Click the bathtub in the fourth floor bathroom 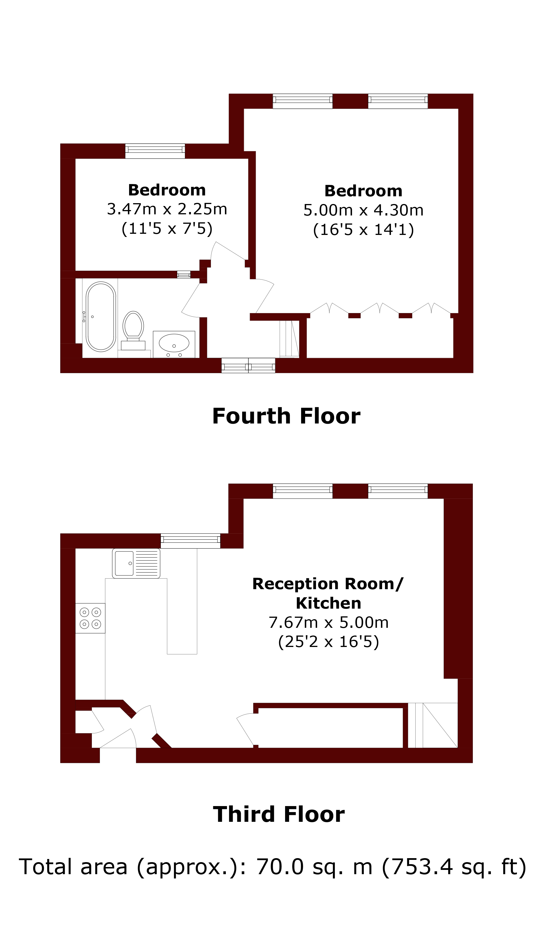[101, 317]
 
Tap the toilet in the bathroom [133, 330]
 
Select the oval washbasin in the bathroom [174, 343]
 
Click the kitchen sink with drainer [136, 563]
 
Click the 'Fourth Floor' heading [286, 416]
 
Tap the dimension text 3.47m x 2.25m [167, 209]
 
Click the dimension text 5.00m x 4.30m [364, 210]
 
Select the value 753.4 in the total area [423, 867]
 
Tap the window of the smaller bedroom [155, 151]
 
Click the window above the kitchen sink [190, 541]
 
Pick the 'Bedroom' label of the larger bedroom [364, 191]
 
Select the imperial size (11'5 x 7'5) [167, 228]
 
